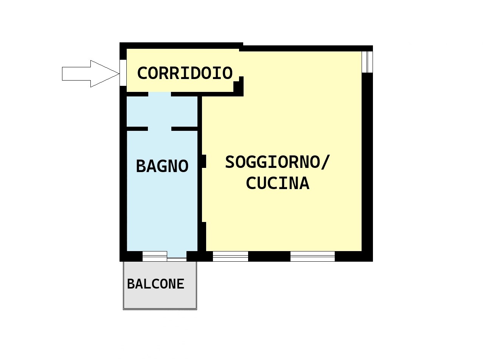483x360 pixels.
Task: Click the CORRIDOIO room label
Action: (185, 73)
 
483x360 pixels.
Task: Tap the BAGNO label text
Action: (162, 166)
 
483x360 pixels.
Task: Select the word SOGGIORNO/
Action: (278, 162)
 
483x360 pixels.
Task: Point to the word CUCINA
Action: (278, 183)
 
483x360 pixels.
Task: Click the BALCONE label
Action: (155, 284)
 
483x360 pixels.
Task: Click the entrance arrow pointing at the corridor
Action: (90, 74)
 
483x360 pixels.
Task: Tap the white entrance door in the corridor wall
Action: (123, 73)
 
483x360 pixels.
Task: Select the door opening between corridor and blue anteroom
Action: (160, 94)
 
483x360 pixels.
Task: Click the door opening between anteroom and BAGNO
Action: (160, 129)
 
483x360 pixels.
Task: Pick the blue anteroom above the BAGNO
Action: (162, 112)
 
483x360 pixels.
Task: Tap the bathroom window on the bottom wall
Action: (155, 256)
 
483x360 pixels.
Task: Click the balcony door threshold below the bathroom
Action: (177, 259)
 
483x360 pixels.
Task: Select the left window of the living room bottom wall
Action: (230, 256)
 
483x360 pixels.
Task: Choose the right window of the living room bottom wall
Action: (312, 256)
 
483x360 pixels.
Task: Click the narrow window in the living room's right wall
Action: (367, 62)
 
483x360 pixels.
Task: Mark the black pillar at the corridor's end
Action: (239, 86)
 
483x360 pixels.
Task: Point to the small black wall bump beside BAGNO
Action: (204, 161)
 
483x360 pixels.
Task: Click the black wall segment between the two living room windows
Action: (269, 256)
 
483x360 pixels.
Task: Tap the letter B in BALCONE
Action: (131, 284)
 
